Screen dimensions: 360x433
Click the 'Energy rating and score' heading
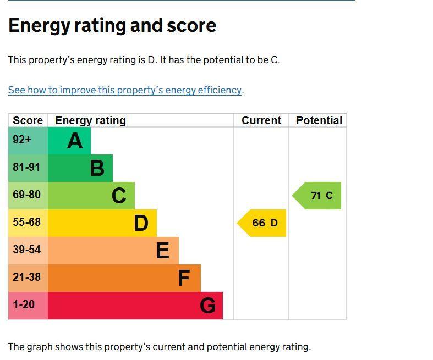(x=112, y=26)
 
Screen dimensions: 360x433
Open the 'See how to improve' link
(x=125, y=90)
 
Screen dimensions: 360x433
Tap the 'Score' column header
(x=28, y=120)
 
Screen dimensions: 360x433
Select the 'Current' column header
(x=261, y=120)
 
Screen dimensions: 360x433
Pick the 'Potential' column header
(x=319, y=120)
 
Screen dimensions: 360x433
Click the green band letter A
(x=75, y=141)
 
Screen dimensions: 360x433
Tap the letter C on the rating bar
(x=119, y=196)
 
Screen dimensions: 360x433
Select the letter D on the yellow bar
(x=141, y=224)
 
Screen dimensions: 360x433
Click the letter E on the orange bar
(x=162, y=251)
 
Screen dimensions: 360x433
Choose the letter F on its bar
(x=184, y=279)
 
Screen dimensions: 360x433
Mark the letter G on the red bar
(x=207, y=306)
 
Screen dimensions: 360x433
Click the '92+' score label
(x=22, y=140)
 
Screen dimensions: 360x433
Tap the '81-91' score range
(x=26, y=168)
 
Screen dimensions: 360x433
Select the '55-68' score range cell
(x=26, y=223)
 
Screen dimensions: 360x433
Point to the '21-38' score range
(x=26, y=278)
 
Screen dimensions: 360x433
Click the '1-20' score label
(x=24, y=305)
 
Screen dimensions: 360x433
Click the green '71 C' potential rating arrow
(x=319, y=196)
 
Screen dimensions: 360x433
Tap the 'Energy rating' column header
(x=90, y=120)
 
